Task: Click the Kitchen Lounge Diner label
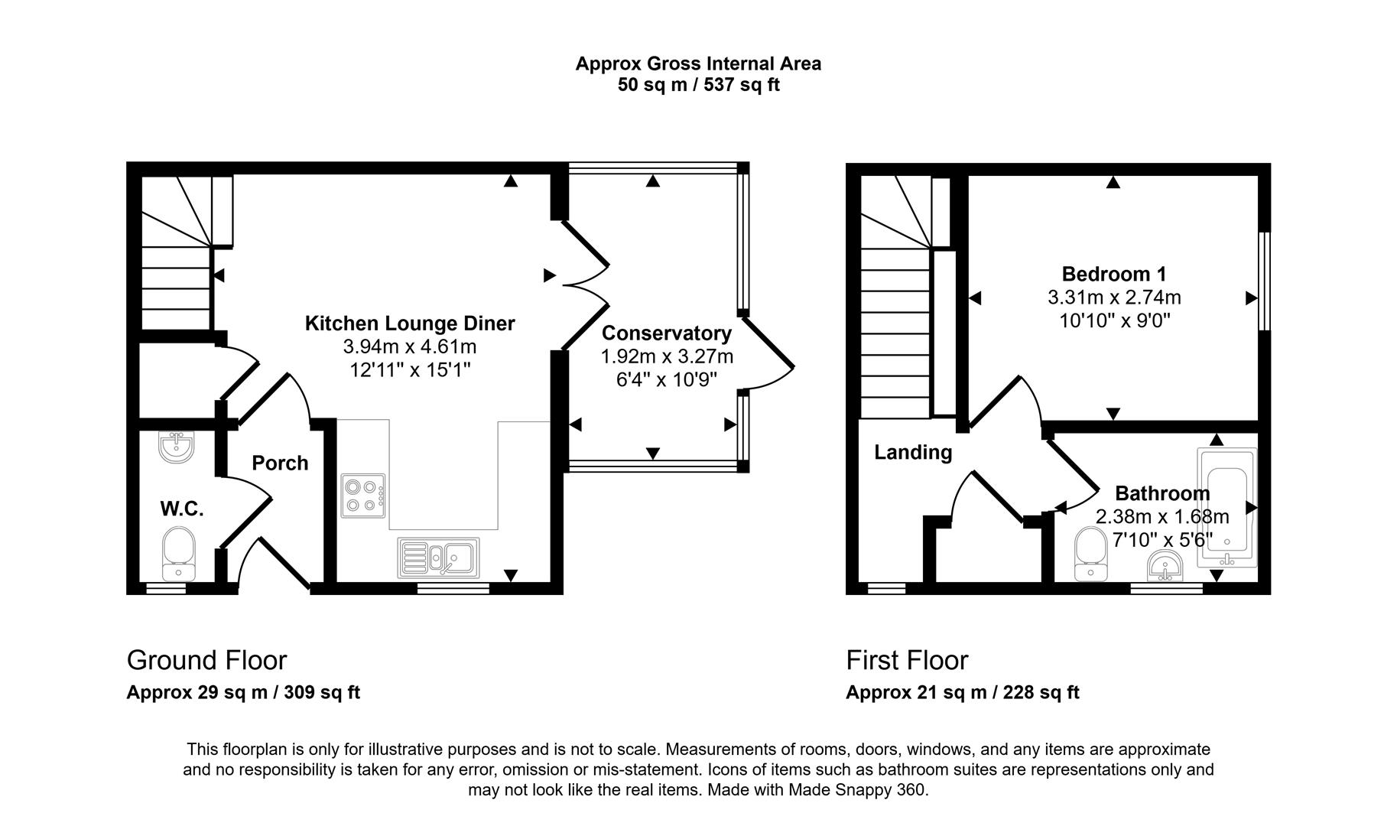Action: coord(410,324)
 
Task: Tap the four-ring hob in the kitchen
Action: coord(363,495)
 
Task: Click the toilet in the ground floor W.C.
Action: coord(179,553)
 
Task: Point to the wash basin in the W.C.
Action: coord(178,447)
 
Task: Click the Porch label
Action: coord(280,463)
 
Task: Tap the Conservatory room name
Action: coord(666,333)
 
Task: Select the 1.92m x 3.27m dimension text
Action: coord(666,356)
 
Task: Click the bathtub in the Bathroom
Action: coord(1226,508)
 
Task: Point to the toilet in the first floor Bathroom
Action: coord(1089,554)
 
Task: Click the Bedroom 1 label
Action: coord(1113,274)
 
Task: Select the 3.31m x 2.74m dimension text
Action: coord(1113,297)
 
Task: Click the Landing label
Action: coord(913,452)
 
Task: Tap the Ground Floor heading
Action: coord(206,660)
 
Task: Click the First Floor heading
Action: coord(907,660)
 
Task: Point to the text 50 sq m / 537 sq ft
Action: coord(698,85)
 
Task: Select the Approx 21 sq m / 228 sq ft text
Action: coord(962,693)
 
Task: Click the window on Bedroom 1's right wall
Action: coord(1264,281)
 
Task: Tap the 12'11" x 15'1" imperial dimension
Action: coord(410,370)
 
